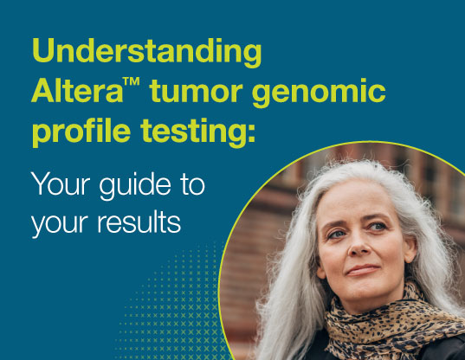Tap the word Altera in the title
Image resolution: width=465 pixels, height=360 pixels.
77,90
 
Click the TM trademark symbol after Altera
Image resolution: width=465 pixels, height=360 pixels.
132,81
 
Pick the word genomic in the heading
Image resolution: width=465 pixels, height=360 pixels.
319,93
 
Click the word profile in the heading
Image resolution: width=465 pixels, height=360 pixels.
81,131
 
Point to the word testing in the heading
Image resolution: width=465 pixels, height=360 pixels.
193,132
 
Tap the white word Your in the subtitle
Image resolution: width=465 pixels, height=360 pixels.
61,183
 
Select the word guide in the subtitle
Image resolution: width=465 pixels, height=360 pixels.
135,185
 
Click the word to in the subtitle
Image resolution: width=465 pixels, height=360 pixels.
193,185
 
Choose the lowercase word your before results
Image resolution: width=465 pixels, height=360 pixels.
60,225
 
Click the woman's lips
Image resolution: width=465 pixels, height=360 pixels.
363,270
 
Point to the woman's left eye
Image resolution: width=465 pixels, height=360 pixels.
378,227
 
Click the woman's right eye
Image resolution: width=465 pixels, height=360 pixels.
337,235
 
